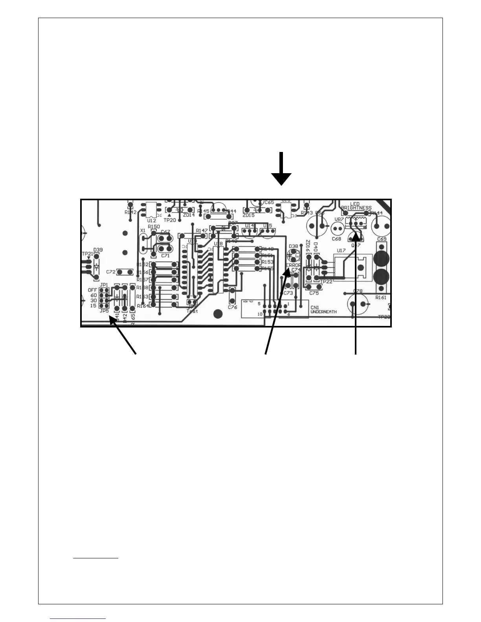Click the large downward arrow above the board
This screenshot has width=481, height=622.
[x=281, y=169]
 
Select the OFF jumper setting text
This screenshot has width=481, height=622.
[x=92, y=290]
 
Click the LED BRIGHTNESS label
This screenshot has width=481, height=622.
[x=356, y=206]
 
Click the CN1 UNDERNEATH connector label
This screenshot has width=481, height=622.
[x=323, y=309]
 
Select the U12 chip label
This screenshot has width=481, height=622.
[x=152, y=221]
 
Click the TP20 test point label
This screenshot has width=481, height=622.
[x=170, y=221]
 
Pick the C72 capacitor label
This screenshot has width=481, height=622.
[x=111, y=272]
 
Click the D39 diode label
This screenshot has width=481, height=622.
[x=98, y=250]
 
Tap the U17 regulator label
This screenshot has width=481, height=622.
[x=341, y=250]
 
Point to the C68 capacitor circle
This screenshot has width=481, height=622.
[x=337, y=229]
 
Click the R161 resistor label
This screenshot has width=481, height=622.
[x=380, y=298]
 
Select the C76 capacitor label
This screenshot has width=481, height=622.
[x=233, y=307]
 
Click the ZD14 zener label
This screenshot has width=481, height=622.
[x=189, y=215]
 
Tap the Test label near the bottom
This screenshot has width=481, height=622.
[x=192, y=311]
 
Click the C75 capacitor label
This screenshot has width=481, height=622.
[x=314, y=293]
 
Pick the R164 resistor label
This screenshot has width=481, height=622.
[x=143, y=306]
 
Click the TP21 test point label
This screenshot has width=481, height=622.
[x=87, y=254]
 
